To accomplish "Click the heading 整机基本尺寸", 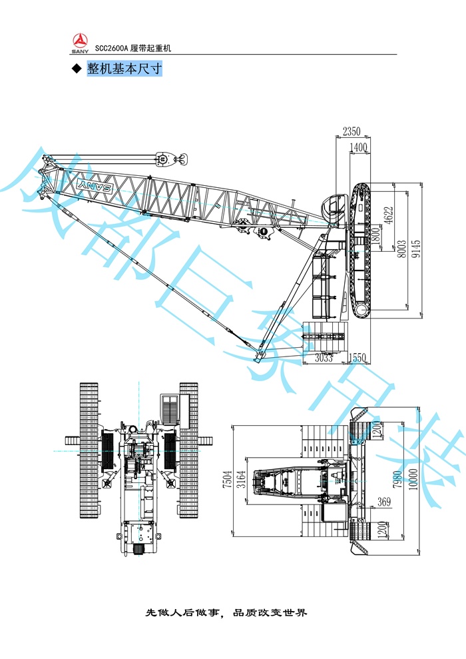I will pyautogui.click(x=124, y=69).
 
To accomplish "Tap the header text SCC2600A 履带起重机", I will pyautogui.click(x=134, y=48).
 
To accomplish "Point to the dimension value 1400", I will pyautogui.click(x=359, y=147).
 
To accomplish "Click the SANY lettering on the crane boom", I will pyautogui.click(x=96, y=189).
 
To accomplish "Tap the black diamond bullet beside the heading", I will pyautogui.click(x=75, y=70).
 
